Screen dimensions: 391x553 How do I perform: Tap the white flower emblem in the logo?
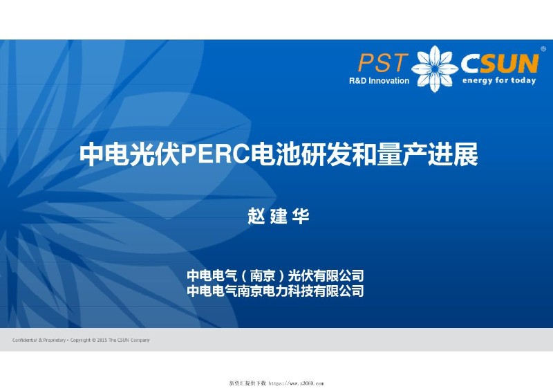(x=435, y=68)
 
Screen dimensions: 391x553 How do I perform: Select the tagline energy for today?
(x=499, y=81)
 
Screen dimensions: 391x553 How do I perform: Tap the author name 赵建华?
(x=278, y=216)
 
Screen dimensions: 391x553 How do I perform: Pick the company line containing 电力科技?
(x=275, y=291)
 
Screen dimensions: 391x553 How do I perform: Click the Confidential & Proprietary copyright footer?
(x=81, y=340)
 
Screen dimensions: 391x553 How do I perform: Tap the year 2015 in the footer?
(x=102, y=340)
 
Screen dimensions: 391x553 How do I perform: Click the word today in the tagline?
(x=523, y=81)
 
